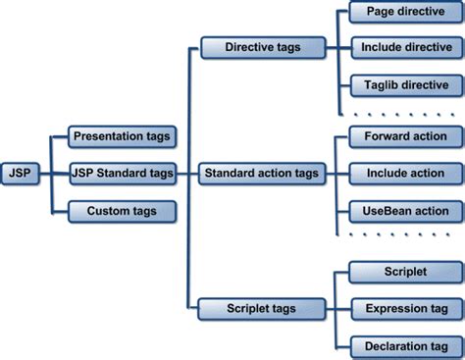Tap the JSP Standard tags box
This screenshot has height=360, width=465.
tap(123, 174)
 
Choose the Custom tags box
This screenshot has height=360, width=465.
tap(123, 210)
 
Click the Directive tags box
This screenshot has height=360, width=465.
tap(262, 46)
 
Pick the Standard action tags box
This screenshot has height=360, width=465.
tap(262, 174)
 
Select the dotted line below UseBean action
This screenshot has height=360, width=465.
tap(398, 235)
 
